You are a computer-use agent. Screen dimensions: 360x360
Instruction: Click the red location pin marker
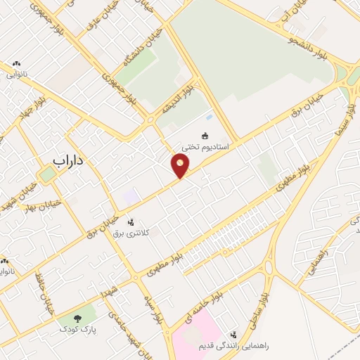pyautogui.click(x=181, y=166)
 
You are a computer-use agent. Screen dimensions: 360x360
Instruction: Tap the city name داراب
pyautogui.click(x=68, y=160)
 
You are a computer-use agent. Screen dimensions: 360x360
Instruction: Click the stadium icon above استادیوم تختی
pyautogui.click(x=205, y=136)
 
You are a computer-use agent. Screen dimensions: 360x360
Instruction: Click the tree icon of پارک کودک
pyautogui.click(x=77, y=319)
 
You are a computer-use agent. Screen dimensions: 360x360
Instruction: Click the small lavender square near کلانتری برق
pyautogui.click(x=131, y=198)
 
